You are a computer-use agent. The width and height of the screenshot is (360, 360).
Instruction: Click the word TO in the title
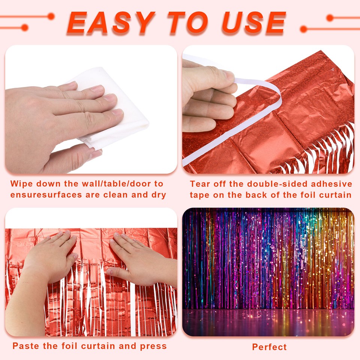point(178,23)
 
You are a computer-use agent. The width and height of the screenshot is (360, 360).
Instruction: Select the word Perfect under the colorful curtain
point(269,347)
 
